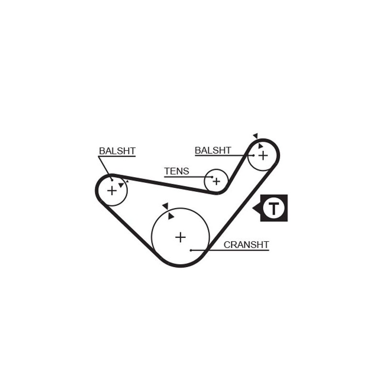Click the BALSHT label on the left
coord(117,151)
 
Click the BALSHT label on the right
coord(213,150)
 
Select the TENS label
coord(177,171)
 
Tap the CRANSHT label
coord(246,245)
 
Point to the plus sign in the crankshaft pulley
coord(180,237)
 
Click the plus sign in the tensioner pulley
coord(216,181)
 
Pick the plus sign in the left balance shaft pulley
coord(112,191)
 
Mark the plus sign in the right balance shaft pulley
coord(263,155)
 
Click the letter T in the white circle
coord(273,208)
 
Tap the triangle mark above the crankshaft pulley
coord(166,205)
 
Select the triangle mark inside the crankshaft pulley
coord(171,216)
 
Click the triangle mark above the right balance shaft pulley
coord(256,136)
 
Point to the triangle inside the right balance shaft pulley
coord(260,146)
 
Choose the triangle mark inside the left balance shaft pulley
coord(121,184)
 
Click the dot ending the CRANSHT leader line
coord(191,250)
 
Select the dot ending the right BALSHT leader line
coord(254,155)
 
